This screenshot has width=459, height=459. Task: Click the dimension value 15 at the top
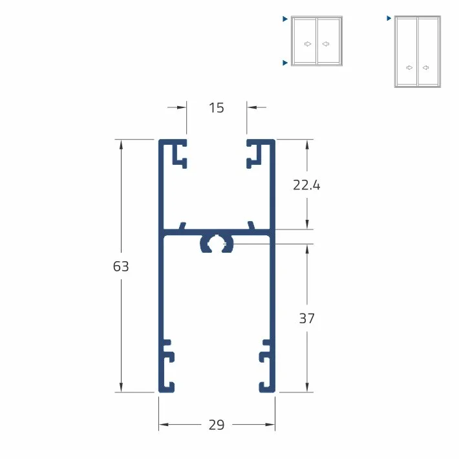click(x=217, y=108)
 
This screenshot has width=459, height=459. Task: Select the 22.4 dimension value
click(x=306, y=186)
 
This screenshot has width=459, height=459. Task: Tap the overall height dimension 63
click(x=121, y=266)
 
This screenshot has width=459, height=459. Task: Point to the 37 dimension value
click(x=307, y=318)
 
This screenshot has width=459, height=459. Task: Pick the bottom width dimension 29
click(x=217, y=425)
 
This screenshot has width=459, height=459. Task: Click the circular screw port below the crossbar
click(x=217, y=244)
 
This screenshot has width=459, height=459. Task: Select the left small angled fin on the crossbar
click(x=182, y=226)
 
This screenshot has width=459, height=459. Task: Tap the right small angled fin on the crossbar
click(x=251, y=226)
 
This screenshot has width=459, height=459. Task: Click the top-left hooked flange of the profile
click(x=180, y=155)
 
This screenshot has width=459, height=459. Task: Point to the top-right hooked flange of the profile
click(x=254, y=155)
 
